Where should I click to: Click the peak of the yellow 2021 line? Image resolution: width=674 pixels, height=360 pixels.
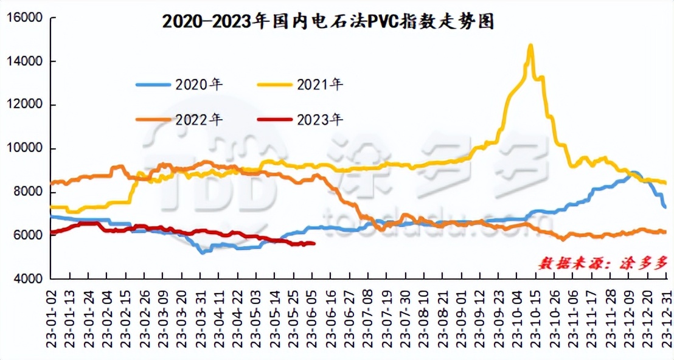(x=530, y=45)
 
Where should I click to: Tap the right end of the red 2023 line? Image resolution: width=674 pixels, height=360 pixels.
(x=313, y=243)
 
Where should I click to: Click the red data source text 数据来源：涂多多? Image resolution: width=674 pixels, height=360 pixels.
(x=603, y=263)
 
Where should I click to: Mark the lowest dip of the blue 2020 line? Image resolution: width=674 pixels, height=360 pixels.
(x=201, y=252)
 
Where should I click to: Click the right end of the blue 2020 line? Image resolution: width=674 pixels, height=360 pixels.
(x=665, y=207)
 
